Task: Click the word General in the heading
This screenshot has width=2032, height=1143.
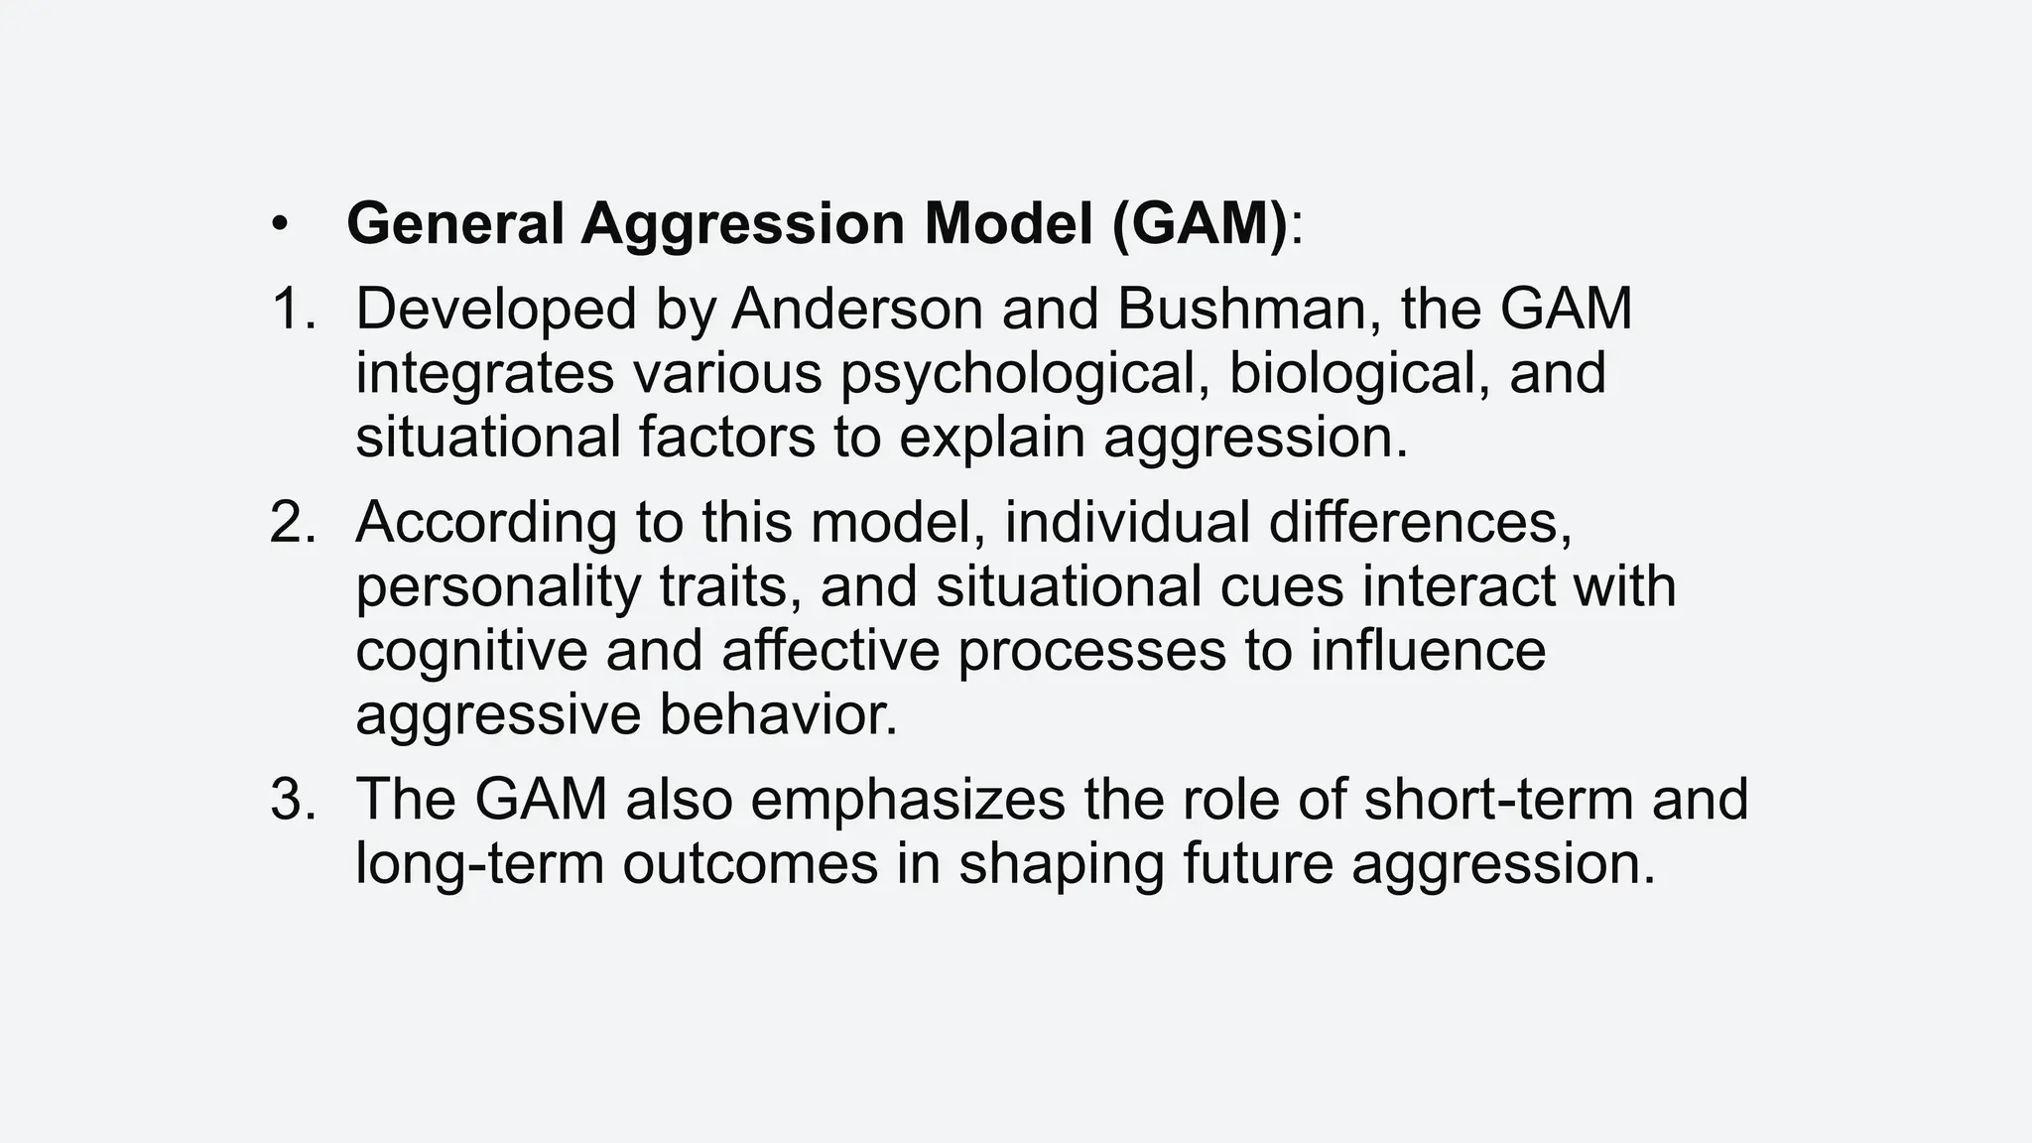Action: pyautogui.click(x=454, y=223)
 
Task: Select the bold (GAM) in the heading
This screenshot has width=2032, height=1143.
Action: pyautogui.click(x=1200, y=223)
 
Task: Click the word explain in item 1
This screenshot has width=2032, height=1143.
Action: pyautogui.click(x=991, y=439)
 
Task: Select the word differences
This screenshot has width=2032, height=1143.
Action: pyautogui.click(x=1420, y=522)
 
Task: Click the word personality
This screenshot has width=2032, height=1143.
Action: pyautogui.click(x=499, y=587)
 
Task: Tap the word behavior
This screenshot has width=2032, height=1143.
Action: pyautogui.click(x=778, y=714)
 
